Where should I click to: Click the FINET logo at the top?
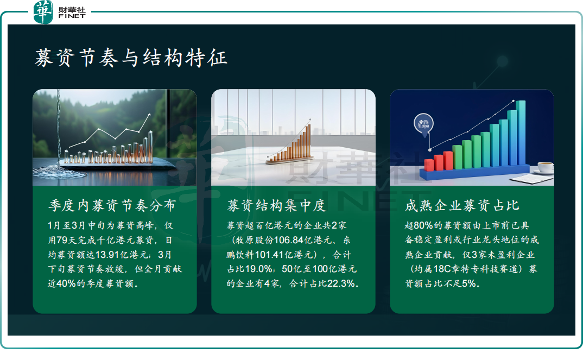(x=60, y=12)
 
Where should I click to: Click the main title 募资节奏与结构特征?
(x=131, y=58)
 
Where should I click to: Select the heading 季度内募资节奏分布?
(x=112, y=205)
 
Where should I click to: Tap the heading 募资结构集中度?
(x=277, y=205)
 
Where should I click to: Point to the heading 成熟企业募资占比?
(x=462, y=205)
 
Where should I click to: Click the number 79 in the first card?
(x=62, y=240)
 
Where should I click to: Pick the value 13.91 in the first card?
(x=107, y=255)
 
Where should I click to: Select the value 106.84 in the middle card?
(x=289, y=240)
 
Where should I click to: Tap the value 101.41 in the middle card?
(x=269, y=255)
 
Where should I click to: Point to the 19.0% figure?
(x=259, y=269)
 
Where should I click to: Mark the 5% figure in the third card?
(x=469, y=283)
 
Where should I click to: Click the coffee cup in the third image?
(x=544, y=167)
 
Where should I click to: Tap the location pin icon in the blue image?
(x=424, y=125)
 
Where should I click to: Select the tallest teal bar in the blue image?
(x=521, y=132)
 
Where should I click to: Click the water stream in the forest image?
(x=59, y=127)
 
